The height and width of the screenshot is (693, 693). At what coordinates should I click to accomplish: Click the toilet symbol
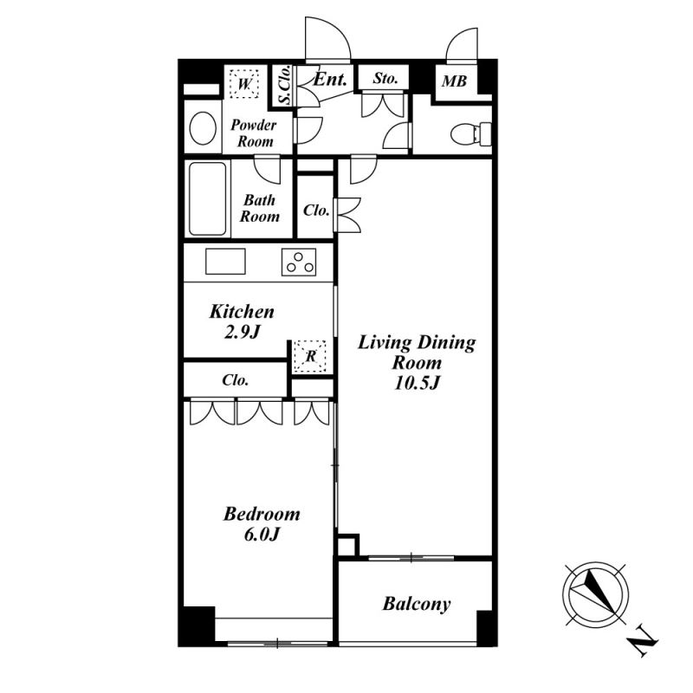tap(471, 133)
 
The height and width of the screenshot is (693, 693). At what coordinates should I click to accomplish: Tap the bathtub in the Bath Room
tap(208, 199)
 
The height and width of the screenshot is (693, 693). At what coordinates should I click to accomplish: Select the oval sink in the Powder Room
tap(203, 127)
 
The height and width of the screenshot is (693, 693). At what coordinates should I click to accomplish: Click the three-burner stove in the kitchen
tap(299, 262)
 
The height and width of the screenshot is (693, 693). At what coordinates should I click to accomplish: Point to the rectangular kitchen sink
tap(225, 262)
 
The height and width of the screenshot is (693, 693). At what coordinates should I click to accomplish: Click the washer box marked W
tap(244, 83)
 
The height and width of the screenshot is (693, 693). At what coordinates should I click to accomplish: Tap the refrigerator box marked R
tap(310, 356)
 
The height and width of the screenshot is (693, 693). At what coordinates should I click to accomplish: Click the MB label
tap(454, 81)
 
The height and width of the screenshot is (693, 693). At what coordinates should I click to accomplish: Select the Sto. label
tap(385, 78)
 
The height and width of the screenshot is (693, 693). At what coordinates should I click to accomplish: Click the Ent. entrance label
tap(330, 80)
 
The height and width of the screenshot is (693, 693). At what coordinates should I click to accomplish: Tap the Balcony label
tap(417, 604)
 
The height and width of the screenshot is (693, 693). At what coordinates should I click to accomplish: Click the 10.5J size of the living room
tap(417, 383)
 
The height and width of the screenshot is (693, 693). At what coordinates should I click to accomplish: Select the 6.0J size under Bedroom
tap(262, 534)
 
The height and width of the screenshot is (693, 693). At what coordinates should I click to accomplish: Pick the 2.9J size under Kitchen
tap(243, 333)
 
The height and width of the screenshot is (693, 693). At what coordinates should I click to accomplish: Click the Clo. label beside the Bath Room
tap(316, 210)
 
